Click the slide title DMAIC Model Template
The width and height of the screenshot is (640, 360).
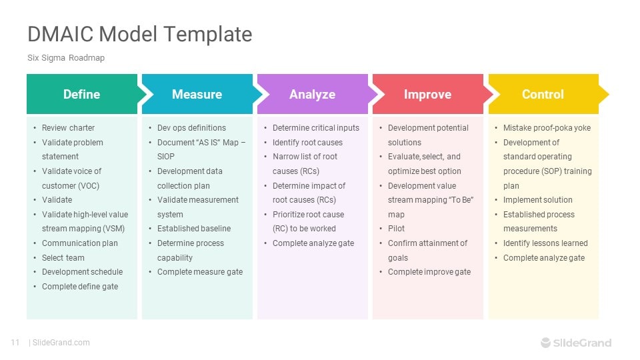point(139,34)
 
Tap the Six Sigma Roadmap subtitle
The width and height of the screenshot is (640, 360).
point(66,58)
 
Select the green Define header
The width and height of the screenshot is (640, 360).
point(81,94)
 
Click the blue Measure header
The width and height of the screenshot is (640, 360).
point(197,94)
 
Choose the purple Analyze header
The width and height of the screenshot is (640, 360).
point(312,94)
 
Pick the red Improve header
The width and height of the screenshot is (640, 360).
point(427,94)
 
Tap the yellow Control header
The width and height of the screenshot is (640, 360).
point(543,94)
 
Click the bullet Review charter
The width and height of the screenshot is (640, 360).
point(68,128)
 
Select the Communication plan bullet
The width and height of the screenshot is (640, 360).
point(79,243)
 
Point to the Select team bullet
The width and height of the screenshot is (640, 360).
point(63,258)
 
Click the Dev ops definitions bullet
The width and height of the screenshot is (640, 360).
point(191,128)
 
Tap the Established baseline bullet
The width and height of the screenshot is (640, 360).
point(193,229)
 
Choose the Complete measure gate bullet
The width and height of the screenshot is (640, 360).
point(200,272)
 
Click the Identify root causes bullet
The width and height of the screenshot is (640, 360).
point(307,143)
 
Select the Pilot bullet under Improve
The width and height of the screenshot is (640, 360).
point(396,229)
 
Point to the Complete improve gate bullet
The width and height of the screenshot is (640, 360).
point(429,272)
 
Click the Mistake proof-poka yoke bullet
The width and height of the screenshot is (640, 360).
point(547,128)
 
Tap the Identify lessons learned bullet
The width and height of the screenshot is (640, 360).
point(545,243)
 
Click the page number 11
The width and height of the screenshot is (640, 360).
point(15,343)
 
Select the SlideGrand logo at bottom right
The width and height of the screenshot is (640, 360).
point(575,343)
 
